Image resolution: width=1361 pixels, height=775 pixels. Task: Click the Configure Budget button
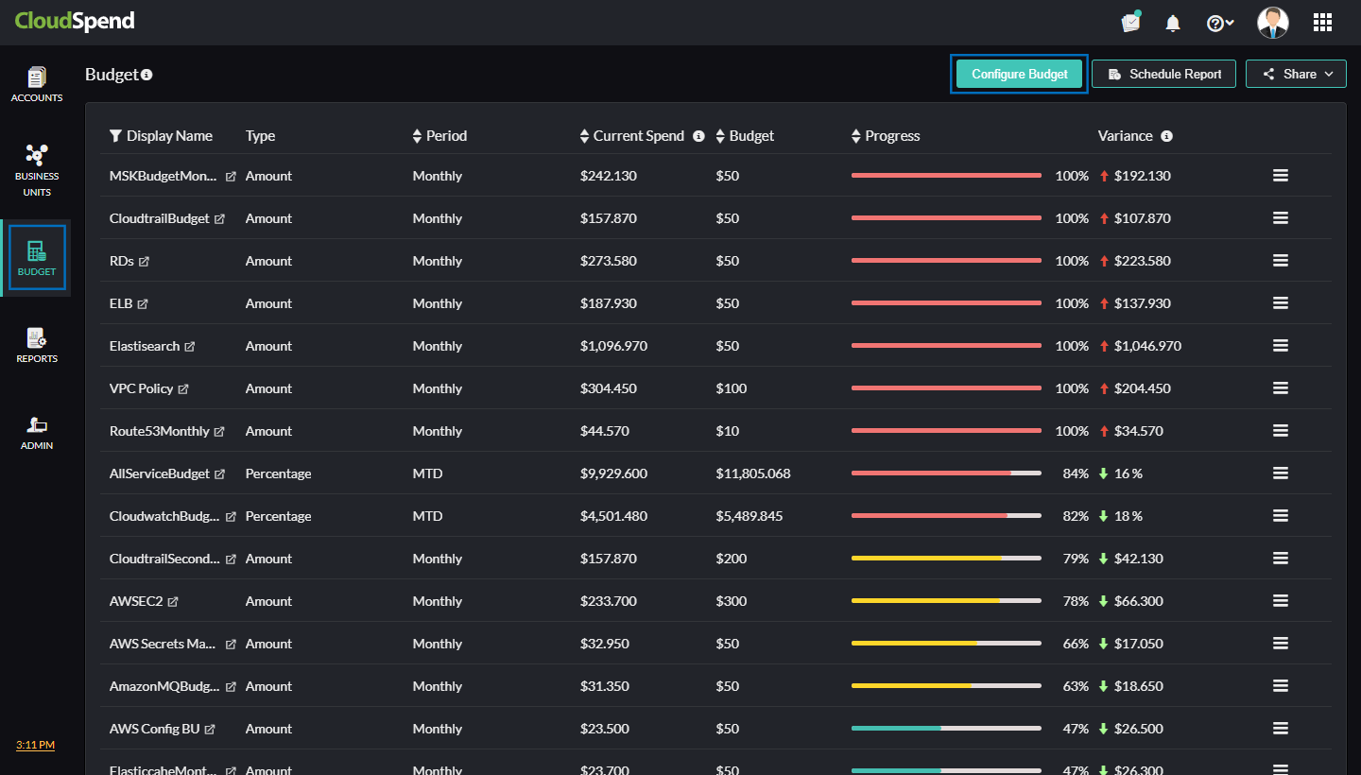(1019, 74)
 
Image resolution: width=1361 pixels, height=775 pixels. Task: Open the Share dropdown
(1296, 74)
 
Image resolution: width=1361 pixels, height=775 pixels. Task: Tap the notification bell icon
(1173, 23)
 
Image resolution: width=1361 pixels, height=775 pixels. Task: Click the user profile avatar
(1272, 23)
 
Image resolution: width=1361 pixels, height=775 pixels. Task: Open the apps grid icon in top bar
(1322, 23)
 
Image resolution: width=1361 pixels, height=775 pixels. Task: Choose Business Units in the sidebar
(37, 170)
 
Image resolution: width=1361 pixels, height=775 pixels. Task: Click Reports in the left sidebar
(37, 345)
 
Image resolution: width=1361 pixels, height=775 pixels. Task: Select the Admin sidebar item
(37, 432)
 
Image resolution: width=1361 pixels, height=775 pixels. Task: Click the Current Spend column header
(638, 136)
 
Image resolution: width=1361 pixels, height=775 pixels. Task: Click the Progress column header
(891, 136)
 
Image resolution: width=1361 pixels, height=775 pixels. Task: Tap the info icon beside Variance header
(1166, 136)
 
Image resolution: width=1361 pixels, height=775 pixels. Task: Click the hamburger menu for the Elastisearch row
(1280, 346)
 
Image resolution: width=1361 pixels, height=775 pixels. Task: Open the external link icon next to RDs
(144, 262)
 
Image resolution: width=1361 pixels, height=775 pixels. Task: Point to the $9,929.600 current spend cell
(613, 474)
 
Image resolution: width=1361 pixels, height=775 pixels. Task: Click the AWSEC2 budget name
(136, 601)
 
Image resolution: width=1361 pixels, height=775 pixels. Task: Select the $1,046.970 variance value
(1147, 346)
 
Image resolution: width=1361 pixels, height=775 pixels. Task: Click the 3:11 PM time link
(35, 745)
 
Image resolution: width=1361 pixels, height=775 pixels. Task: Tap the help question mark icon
(1216, 24)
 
